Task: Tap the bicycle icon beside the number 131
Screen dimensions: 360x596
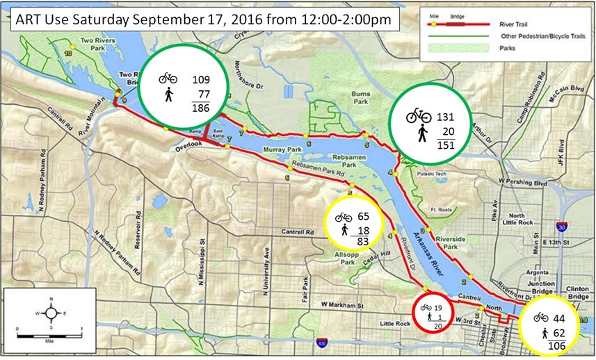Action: coord(418,115)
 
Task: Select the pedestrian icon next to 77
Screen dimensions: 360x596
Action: coord(168,95)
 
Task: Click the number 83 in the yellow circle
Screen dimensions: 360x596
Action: coord(362,241)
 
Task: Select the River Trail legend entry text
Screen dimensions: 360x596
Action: coord(519,22)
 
